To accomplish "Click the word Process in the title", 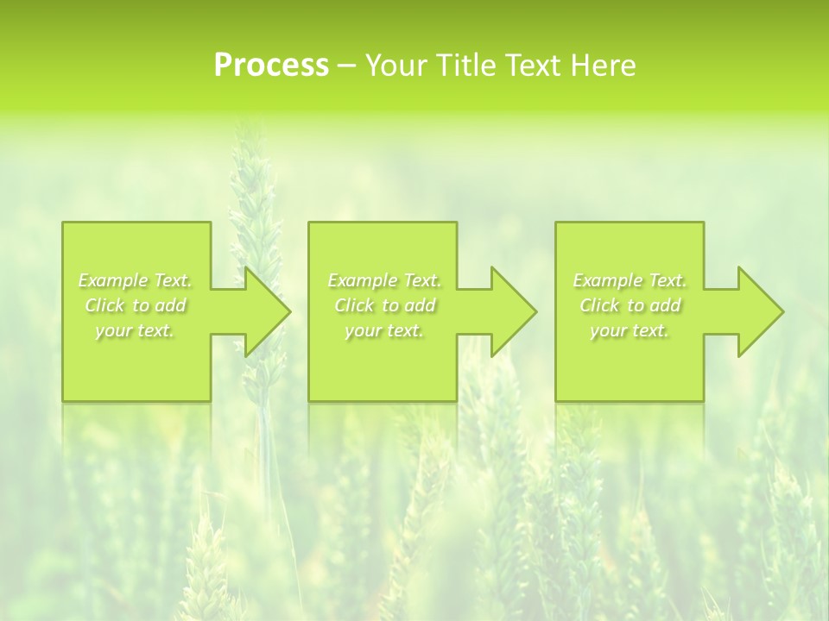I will tap(271, 66).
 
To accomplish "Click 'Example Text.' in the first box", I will tap(135, 280).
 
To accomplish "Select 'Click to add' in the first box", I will tap(135, 305).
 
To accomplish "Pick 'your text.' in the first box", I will tap(135, 330).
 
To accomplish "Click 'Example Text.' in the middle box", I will tap(384, 280).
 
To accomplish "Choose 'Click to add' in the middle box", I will tap(384, 305).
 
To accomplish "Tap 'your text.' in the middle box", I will tap(384, 330).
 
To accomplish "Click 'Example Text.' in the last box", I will tap(630, 280).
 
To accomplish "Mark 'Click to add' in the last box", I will tap(630, 305).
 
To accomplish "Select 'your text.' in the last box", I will tap(630, 330).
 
